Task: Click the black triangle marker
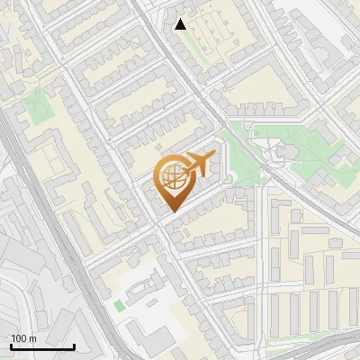coord(181,24)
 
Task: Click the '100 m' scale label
coord(23,338)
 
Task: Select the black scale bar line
coord(42,346)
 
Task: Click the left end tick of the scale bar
coord(11,346)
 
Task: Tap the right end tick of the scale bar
coord(74,346)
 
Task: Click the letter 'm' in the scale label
coord(33,338)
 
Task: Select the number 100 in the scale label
coord(19,338)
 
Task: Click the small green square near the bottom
coord(119,306)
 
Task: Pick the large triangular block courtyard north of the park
coord(261,90)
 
